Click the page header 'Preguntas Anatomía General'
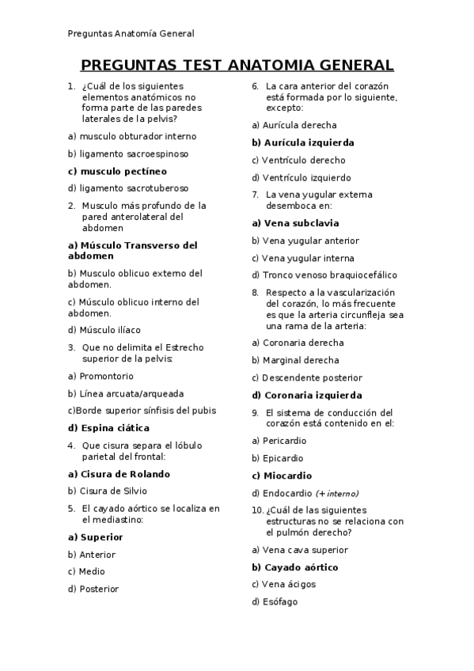tap(131, 33)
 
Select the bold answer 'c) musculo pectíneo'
tap(117, 171)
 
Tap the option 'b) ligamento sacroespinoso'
tap(128, 154)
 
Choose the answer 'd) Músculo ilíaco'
tap(104, 330)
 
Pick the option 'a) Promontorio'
tap(100, 377)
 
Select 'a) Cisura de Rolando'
tap(119, 474)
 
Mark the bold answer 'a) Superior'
tap(95, 537)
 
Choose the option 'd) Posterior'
tap(93, 589)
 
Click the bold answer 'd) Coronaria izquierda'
tap(307, 395)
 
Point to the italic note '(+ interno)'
tap(337, 493)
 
